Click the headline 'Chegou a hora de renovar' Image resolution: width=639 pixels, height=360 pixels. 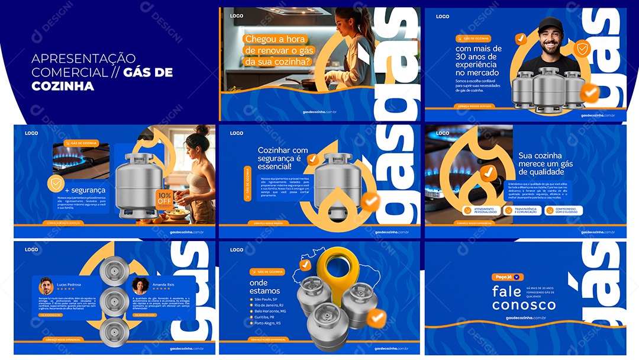[278, 50]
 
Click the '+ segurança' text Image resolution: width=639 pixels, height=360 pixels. [85, 190]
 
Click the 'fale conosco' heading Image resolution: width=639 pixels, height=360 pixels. [524, 298]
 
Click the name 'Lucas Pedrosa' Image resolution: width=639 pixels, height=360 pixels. [69, 285]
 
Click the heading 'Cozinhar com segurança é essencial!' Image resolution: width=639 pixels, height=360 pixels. [282, 158]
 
